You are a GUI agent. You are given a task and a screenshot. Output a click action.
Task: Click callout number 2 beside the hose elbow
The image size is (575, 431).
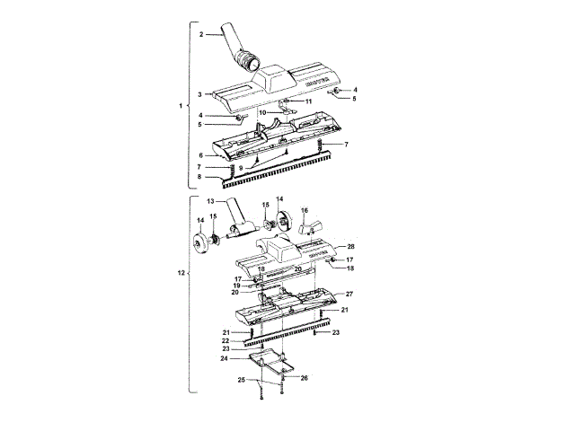(x=202, y=34)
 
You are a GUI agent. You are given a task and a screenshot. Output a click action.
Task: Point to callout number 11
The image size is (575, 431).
(x=308, y=103)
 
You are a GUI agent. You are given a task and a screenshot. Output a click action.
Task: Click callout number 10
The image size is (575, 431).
(x=263, y=112)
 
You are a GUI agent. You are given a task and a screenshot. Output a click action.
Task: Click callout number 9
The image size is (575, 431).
(x=242, y=167)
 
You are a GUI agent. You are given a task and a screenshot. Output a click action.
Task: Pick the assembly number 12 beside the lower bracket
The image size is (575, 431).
(x=184, y=272)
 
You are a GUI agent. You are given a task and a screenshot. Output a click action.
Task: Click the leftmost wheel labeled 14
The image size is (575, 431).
(x=201, y=246)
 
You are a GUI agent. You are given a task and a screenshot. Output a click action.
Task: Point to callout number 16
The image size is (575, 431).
(x=304, y=209)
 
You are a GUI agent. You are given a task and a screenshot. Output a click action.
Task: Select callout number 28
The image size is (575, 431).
(x=350, y=246)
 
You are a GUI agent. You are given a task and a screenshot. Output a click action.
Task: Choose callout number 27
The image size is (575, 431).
(x=350, y=295)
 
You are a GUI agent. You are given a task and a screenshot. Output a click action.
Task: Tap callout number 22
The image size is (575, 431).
(x=226, y=340)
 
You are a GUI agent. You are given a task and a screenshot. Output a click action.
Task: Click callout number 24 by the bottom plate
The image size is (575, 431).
(x=225, y=358)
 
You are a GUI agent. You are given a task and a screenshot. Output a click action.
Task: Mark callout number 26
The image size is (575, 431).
(x=305, y=378)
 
